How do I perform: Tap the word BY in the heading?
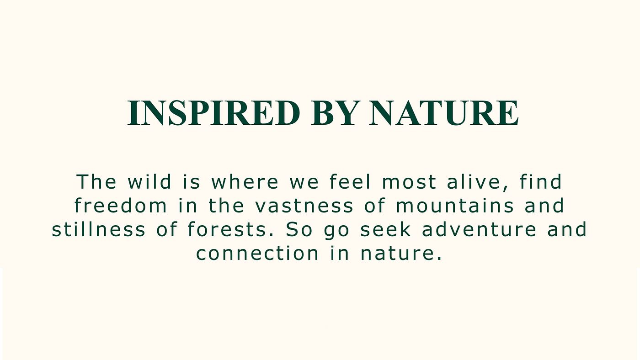coord(334,113)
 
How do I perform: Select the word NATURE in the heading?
coord(444,113)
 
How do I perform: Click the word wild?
coord(149,181)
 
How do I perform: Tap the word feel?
coord(350,181)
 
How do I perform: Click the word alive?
coord(475,181)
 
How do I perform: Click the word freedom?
coord(121,206)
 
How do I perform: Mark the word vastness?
coord(304,206)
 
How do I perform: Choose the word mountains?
coord(455,206)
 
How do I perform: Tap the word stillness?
coord(99,229)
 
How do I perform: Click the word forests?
coord(228,229)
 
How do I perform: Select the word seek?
coord(386,229)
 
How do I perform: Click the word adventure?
coord(479,229)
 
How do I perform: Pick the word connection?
coord(257,254)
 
